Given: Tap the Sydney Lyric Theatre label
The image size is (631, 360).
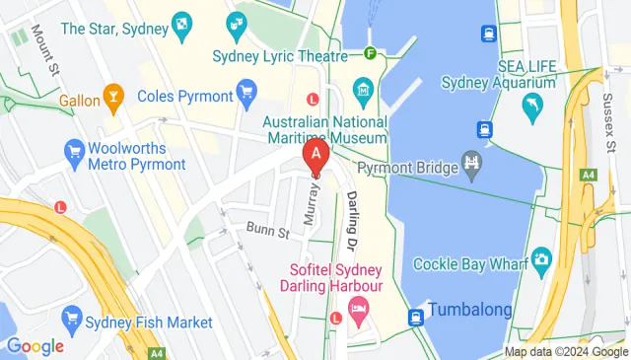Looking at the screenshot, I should pos(279,55).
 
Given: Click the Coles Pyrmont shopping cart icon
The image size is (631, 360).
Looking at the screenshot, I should pos(246,96).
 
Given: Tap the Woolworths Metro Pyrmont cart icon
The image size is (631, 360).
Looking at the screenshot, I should pos(73,150).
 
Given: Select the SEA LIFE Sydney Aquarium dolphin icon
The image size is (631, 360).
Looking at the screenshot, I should pos(533,106).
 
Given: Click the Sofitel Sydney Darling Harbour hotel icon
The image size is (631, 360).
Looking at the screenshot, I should pos(359,312).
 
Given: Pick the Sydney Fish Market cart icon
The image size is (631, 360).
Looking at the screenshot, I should pos(70,319).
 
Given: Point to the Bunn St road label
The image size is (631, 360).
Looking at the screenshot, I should pos(266,233).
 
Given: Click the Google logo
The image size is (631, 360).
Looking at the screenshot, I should pos(35,346).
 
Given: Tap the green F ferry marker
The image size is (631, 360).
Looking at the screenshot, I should pos(371,54).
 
